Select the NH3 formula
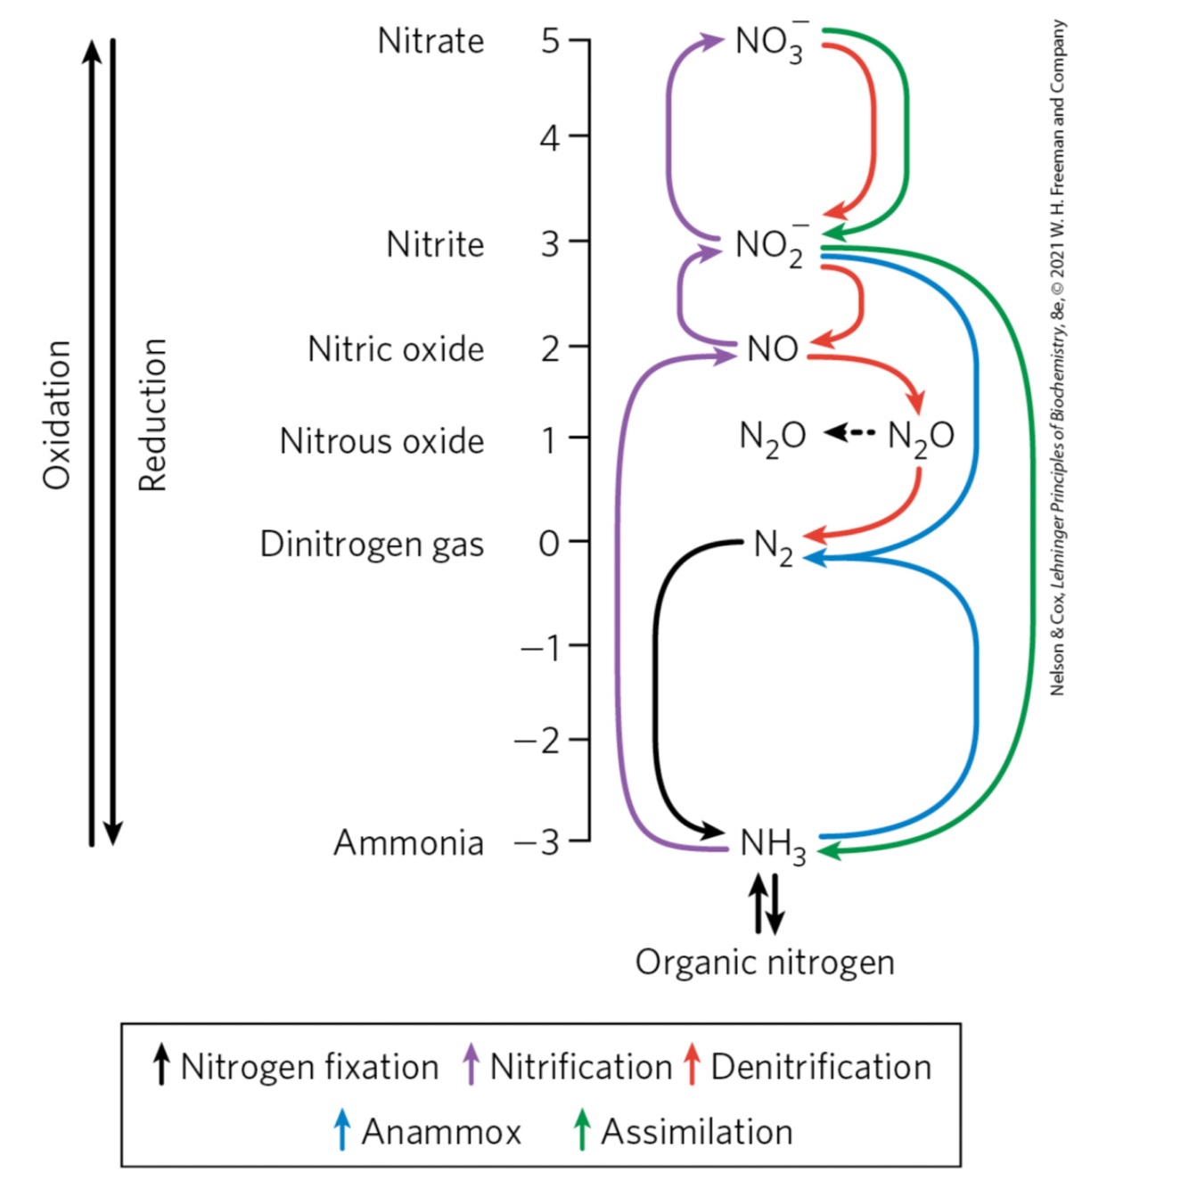[773, 844]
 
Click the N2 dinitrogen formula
[773, 546]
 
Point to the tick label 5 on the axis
[550, 41]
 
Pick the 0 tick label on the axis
[550, 543]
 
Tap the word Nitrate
[430, 41]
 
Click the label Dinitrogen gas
[372, 544]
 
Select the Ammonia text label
[408, 842]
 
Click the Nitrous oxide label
[381, 441]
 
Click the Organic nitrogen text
[765, 963]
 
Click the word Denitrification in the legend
[821, 1067]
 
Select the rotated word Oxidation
[57, 414]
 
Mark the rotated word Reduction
[153, 414]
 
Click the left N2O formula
[773, 437]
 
